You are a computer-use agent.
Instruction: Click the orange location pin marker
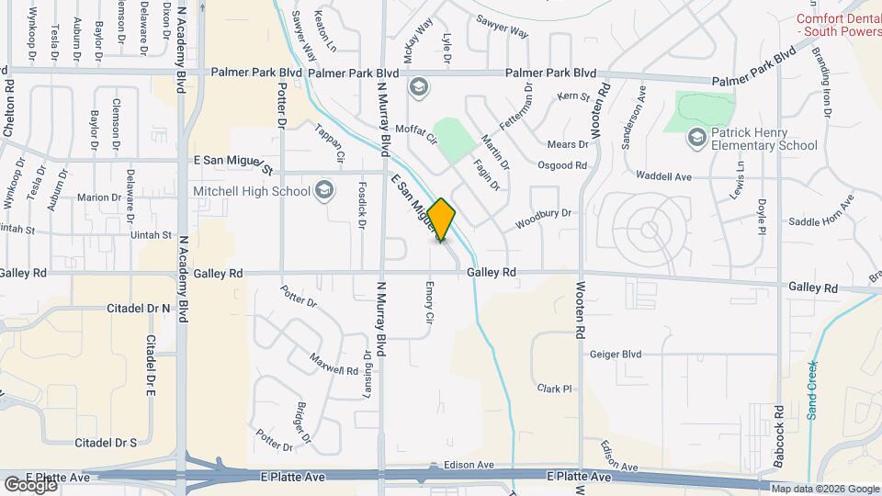point(441,220)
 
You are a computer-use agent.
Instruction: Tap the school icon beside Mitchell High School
point(323,191)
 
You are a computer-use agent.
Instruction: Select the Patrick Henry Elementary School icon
point(696,137)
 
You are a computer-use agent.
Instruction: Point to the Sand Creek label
point(812,390)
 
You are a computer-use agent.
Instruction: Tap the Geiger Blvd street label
point(615,354)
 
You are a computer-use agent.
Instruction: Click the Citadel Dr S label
point(107,443)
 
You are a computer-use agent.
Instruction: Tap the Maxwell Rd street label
point(333,364)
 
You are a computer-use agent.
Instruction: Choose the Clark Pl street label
point(555,389)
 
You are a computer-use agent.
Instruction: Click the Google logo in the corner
point(30,484)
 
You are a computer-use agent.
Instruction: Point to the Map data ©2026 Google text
point(824,489)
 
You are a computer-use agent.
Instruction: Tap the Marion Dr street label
point(99,197)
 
